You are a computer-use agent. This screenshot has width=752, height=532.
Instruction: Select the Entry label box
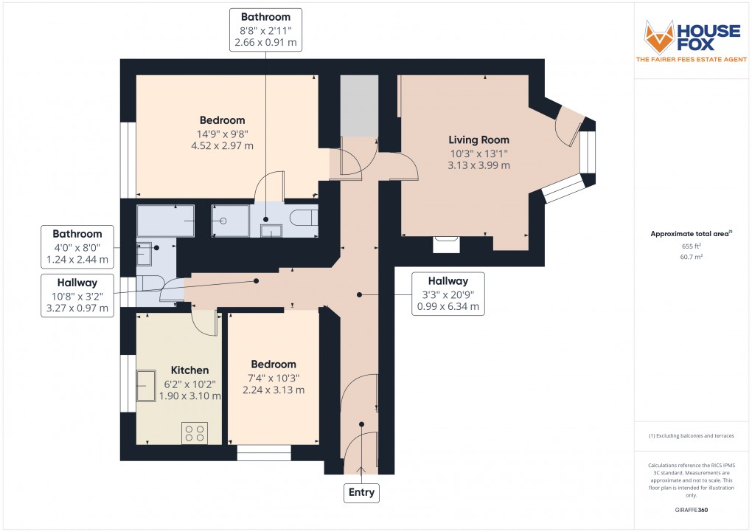[x=361, y=492]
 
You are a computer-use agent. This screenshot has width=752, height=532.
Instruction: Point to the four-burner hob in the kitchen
[x=195, y=432]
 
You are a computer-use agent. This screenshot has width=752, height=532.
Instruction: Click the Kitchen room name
[x=190, y=370]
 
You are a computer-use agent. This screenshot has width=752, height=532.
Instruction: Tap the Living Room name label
[x=479, y=139]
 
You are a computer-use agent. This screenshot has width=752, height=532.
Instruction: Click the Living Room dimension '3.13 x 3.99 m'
[x=479, y=165]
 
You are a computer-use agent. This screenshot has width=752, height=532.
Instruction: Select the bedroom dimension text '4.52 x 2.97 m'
[x=223, y=145]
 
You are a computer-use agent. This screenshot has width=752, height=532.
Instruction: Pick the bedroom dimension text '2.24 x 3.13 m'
[x=274, y=390]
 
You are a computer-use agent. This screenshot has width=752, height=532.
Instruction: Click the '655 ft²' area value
[x=690, y=246]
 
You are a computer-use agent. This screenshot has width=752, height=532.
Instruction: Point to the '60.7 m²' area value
[x=690, y=256]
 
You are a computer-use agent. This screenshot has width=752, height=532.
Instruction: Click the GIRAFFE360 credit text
[x=690, y=510]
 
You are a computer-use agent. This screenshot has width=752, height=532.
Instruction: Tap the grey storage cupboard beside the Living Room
[x=359, y=105]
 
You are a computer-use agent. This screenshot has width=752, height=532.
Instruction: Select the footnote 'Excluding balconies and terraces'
[x=691, y=436]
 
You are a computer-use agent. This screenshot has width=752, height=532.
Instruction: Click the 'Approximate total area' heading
[x=690, y=234]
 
